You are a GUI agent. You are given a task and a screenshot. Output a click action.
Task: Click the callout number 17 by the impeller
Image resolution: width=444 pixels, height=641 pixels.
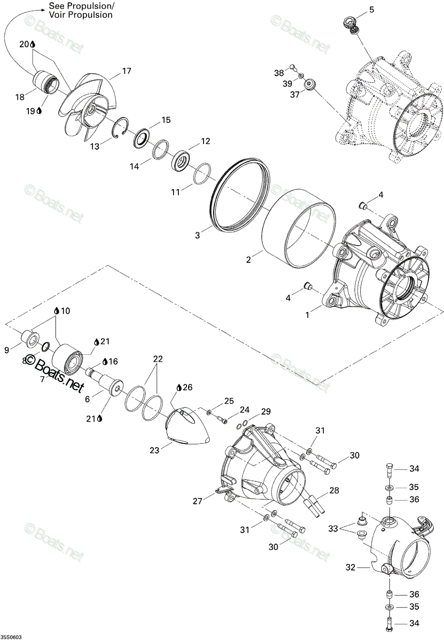[x=126, y=71]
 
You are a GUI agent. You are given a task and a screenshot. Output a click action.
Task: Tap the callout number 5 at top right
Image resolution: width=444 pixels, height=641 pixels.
[x=371, y=10]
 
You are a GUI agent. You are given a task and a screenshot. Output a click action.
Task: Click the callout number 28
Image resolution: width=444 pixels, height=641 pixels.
[x=334, y=490]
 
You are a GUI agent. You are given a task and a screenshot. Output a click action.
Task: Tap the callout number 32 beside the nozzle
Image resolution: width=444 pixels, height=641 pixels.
[x=350, y=567]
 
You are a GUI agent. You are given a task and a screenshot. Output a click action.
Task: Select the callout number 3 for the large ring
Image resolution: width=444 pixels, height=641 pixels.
[x=197, y=235]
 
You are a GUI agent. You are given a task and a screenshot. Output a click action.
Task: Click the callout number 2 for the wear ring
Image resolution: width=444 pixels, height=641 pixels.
[x=248, y=260]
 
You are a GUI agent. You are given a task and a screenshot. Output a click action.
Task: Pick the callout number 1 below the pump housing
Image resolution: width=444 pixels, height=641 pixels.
[x=307, y=315]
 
